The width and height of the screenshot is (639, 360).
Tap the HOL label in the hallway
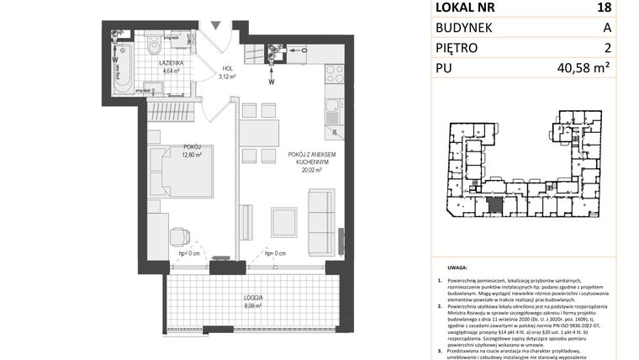pos(224,69)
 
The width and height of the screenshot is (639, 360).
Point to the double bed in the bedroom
pos(181,172)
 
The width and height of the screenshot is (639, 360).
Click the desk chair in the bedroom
pos(180,238)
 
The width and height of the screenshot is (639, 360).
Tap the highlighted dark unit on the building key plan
pos(495,204)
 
